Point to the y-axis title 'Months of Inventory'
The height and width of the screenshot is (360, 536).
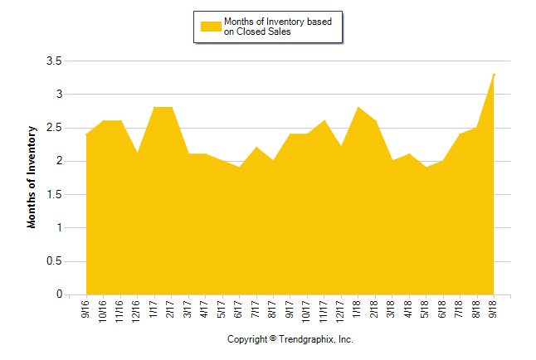pyautogui.click(x=32, y=177)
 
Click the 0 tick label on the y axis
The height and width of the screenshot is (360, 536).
pyautogui.click(x=58, y=294)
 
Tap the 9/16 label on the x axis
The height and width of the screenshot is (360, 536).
pyautogui.click(x=87, y=309)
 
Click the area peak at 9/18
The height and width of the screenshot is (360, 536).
pyautogui.click(x=495, y=75)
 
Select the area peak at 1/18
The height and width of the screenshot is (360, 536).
pyautogui.click(x=358, y=108)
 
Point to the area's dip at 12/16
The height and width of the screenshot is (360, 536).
pyautogui.click(x=138, y=153)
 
